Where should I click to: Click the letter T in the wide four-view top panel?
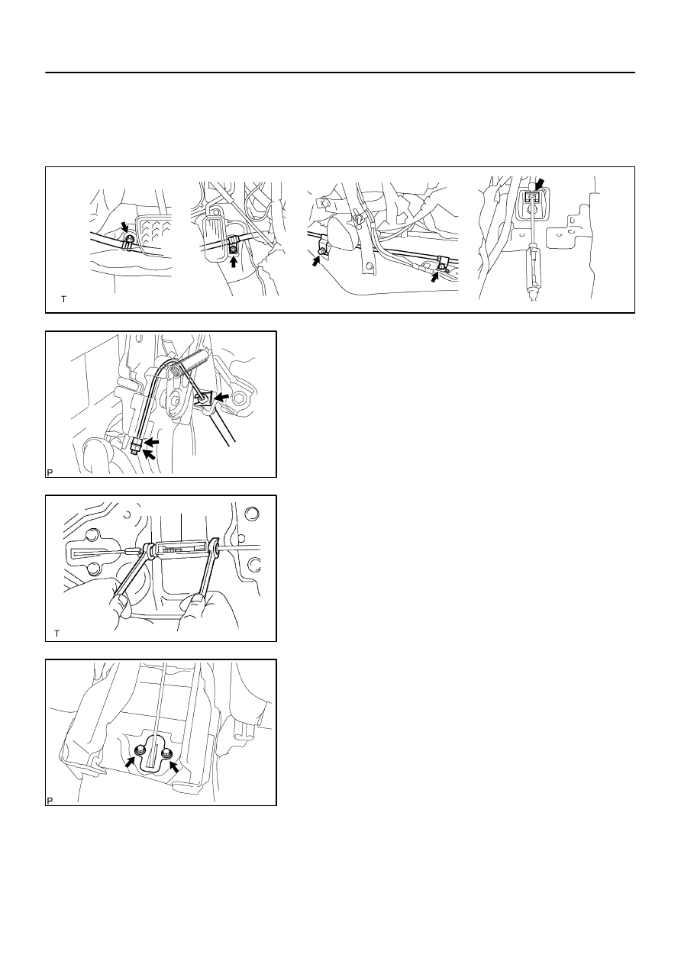pos(63,299)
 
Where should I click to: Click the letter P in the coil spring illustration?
pos(50,472)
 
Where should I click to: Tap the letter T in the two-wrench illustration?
pos(56,634)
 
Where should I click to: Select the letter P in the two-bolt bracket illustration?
pos(50,801)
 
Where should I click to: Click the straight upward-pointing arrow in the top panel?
pos(234,262)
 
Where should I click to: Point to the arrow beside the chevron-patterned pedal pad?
pos(124,227)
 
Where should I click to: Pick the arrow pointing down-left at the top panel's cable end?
pos(540,185)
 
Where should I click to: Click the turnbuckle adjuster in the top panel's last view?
pos(532,268)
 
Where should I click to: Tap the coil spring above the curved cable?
pos(192,359)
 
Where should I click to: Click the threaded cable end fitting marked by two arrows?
pos(136,445)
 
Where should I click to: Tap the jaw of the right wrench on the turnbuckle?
pos(215,550)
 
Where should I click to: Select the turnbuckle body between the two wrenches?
pos(180,549)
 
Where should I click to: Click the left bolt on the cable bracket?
pos(140,751)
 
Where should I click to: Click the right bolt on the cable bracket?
pos(166,753)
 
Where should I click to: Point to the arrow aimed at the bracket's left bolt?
pos(130,761)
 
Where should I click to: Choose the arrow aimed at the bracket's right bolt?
pos(174,767)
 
